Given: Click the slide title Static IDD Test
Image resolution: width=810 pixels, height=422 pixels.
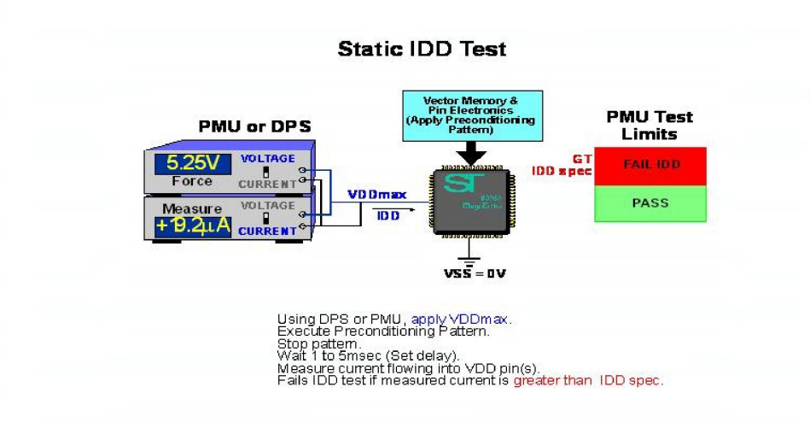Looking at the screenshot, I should [x=422, y=49].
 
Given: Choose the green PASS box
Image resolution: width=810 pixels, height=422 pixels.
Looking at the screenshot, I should [x=650, y=203].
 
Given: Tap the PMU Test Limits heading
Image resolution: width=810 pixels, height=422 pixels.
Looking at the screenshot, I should [x=650, y=126].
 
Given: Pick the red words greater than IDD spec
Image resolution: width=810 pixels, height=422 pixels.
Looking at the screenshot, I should [x=587, y=380].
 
